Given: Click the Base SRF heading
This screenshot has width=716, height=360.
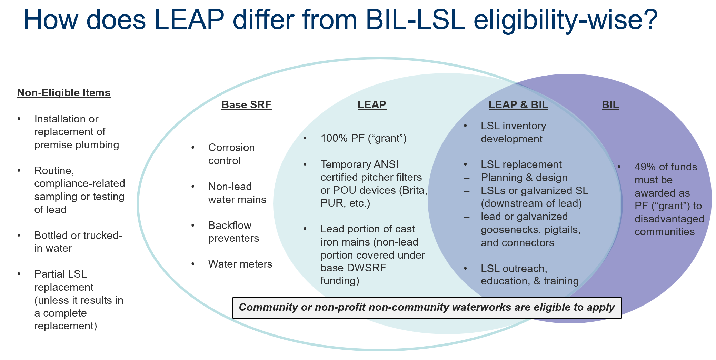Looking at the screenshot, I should pos(246,104).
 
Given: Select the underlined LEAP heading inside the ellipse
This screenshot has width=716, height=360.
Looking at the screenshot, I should pos(371,104).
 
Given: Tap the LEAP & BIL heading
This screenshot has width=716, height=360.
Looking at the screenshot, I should pos(518,104).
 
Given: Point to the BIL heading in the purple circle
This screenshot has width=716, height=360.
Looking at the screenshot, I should pos(610,104).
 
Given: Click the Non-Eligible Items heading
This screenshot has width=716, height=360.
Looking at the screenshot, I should pos(64,93).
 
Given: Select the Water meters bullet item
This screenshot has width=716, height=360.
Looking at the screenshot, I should pos(240,264).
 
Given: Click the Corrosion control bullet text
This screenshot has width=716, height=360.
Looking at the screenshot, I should pos(231,154).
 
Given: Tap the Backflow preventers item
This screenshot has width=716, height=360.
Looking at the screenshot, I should pos(233,232).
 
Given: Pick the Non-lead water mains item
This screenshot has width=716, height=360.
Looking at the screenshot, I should pos(237,193).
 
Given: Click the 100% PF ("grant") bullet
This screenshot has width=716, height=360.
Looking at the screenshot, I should pos(364,138).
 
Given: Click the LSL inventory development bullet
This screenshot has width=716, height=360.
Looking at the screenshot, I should pos(513,132).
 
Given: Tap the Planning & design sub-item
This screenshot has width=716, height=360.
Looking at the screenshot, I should pos(524,178).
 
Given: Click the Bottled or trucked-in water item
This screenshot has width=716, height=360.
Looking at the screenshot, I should pos(78,242).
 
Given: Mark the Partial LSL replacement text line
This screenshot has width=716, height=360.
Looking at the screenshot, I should pos(60,274).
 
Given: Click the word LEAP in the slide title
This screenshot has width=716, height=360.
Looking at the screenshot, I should pos(189,20).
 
